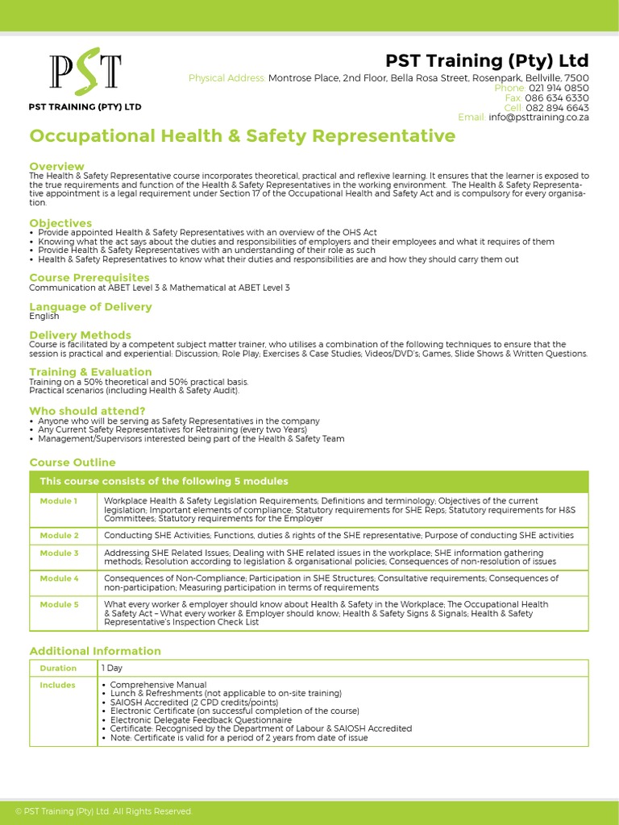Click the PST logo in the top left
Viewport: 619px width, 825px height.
(x=85, y=73)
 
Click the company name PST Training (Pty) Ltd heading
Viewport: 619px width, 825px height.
(x=487, y=61)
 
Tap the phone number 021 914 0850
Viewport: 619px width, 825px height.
(x=559, y=88)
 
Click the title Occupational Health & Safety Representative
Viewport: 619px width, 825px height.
(x=242, y=136)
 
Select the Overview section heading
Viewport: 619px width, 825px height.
(x=56, y=166)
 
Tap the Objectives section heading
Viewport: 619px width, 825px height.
(x=60, y=222)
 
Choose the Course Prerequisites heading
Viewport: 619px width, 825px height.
(x=89, y=278)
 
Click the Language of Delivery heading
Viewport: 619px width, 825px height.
(x=90, y=307)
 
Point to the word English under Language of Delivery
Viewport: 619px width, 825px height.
(x=44, y=317)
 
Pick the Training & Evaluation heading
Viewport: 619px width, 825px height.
(x=90, y=371)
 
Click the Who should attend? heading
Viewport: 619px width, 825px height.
(x=87, y=411)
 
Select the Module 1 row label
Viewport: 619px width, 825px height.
(x=59, y=501)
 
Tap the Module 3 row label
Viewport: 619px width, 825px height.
(x=59, y=553)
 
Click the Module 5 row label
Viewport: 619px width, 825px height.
(x=59, y=604)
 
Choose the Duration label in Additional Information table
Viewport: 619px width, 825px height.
(x=58, y=668)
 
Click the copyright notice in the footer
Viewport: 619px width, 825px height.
(x=104, y=811)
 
